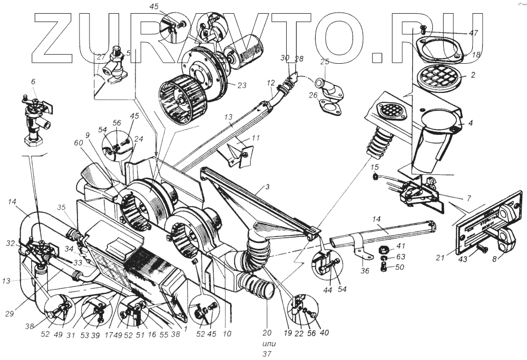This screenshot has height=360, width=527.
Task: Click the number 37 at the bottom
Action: pos(268,354)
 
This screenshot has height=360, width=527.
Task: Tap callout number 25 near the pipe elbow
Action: pos(325,62)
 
